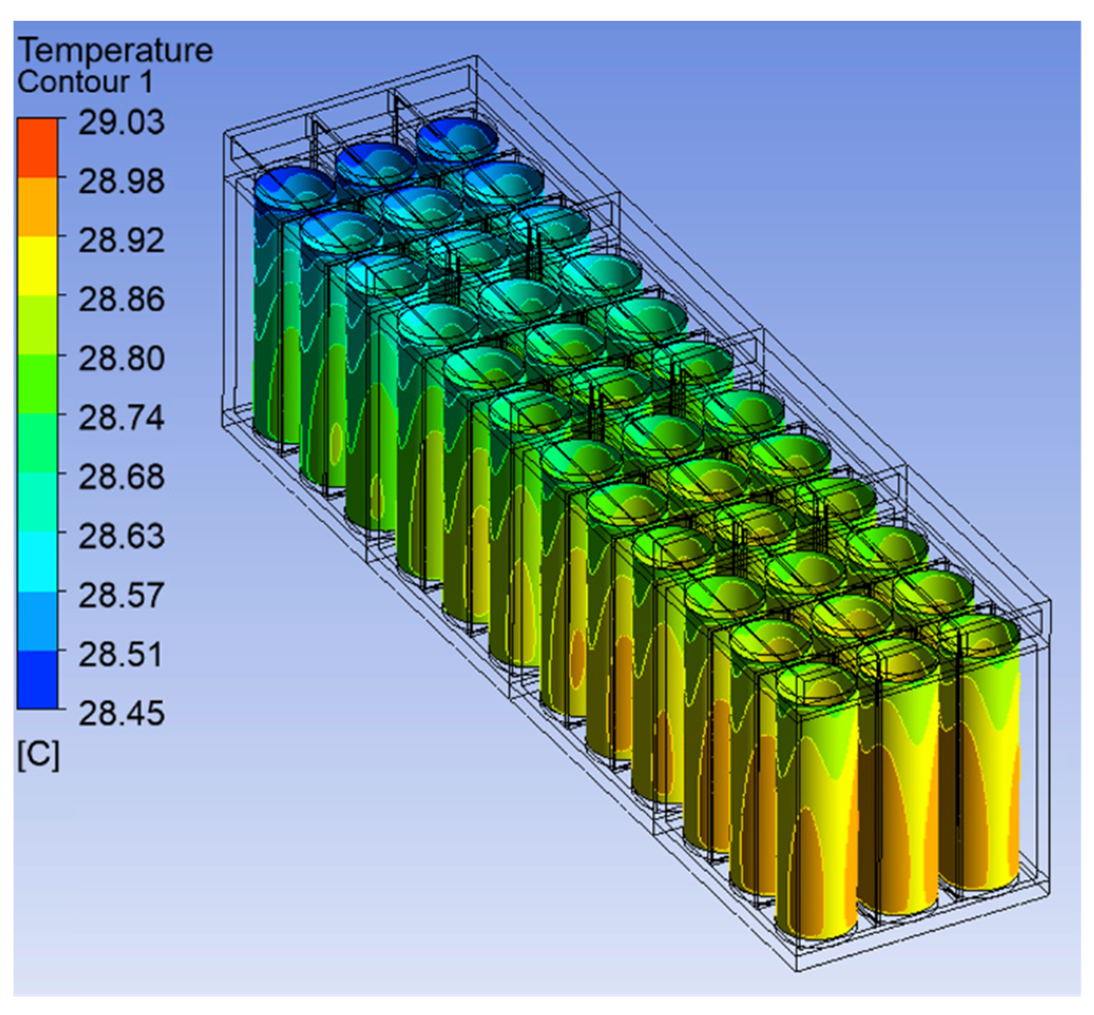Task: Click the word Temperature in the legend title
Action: pyautogui.click(x=115, y=51)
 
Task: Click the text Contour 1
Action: pyautogui.click(x=85, y=82)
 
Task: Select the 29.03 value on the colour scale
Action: pyautogui.click(x=121, y=122)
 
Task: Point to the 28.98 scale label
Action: pyautogui.click(x=121, y=181)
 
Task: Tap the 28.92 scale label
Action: pyautogui.click(x=121, y=241)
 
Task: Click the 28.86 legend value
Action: pyautogui.click(x=121, y=300)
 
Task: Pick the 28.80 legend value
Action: pyautogui.click(x=121, y=359)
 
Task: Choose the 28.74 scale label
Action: pyautogui.click(x=121, y=418)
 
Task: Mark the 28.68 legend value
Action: pyautogui.click(x=121, y=477)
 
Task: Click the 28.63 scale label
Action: pyautogui.click(x=121, y=537)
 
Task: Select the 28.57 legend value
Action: pyautogui.click(x=121, y=595)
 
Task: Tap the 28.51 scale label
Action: pyautogui.click(x=121, y=655)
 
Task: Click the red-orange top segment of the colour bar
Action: pyautogui.click(x=37, y=147)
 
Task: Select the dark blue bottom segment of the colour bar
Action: pyautogui.click(x=37, y=679)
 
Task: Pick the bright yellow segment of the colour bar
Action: pyautogui.click(x=37, y=266)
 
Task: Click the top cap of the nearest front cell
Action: pyautogui.click(x=817, y=684)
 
